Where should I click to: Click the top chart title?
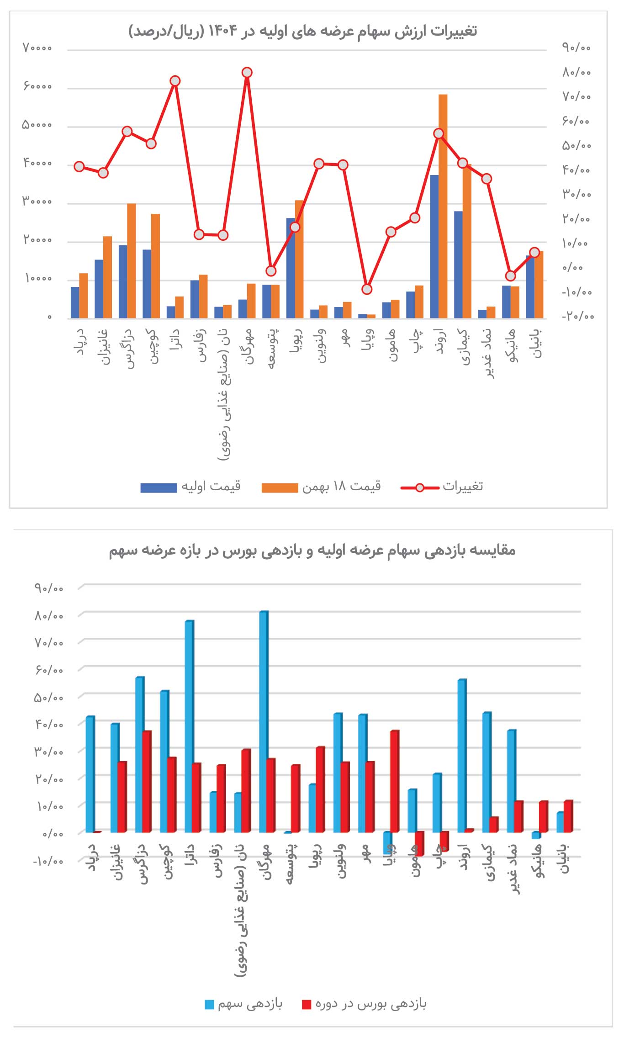coord(302,32)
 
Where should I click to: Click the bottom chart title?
coord(312,550)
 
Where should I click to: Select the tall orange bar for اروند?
coord(443,206)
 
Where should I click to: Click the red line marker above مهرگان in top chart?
coord(247,73)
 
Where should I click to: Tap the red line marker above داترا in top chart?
coord(175,81)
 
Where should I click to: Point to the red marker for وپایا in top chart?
coord(367,289)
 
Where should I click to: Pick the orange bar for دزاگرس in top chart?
coord(132,260)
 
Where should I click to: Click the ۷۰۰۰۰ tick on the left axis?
coord(37,48)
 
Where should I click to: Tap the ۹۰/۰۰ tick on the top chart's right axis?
coord(576,48)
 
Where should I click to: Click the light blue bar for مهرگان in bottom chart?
coord(263,722)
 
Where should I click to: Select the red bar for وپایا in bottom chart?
coord(395,781)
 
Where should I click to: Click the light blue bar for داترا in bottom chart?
coord(189,726)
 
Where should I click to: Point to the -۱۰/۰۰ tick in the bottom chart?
coord(48,861)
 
